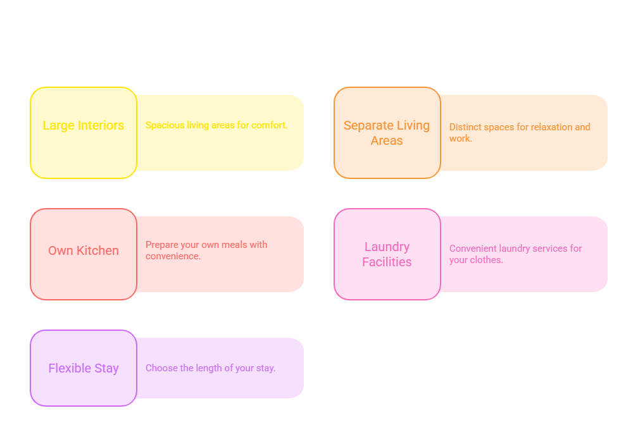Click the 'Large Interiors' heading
pos(84,126)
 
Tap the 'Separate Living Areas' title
pos(387,133)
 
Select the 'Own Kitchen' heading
pos(84,250)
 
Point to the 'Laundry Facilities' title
pos(387,254)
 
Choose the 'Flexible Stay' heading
pos(84,368)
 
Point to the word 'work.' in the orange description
pos(461,139)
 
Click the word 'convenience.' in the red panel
pos(173,256)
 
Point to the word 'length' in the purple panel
pos(209,368)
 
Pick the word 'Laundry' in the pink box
pos(387,247)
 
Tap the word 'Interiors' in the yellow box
pos(101,126)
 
